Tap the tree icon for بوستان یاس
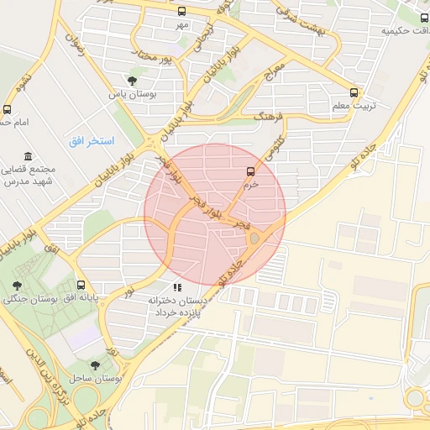point(132,81)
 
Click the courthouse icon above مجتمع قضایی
point(29,157)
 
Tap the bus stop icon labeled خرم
point(249,171)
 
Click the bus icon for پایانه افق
point(81,285)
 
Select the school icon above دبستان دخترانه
point(176,288)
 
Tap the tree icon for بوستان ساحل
point(93,364)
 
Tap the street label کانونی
point(275,148)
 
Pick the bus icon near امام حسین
point(8,109)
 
